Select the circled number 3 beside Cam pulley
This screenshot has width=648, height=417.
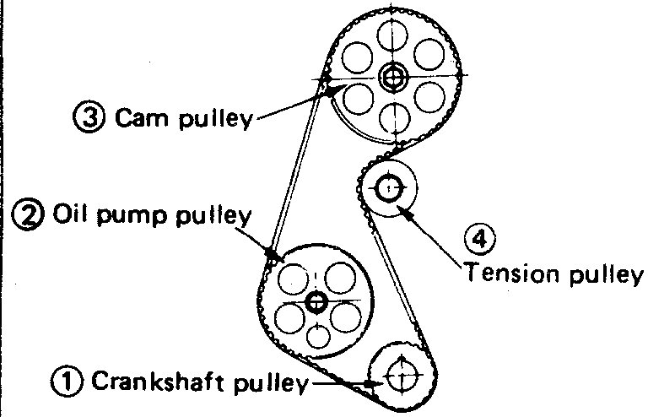point(87,119)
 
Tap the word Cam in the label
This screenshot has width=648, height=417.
point(132,119)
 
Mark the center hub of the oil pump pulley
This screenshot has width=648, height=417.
point(316,301)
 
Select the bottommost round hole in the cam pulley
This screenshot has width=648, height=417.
point(392,117)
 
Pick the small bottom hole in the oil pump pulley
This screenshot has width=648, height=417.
point(317,335)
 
